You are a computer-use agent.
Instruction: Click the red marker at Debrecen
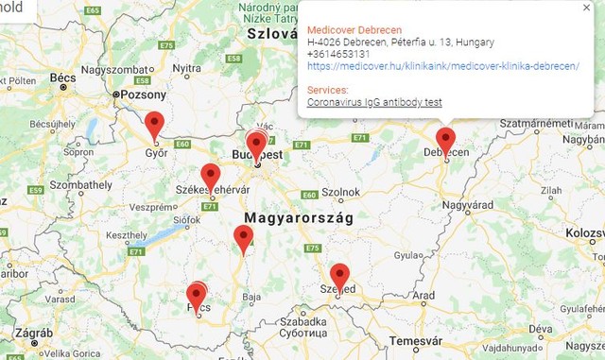click(x=445, y=141)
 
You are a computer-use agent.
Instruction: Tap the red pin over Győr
click(x=154, y=125)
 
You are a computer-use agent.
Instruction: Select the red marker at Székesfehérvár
click(x=210, y=176)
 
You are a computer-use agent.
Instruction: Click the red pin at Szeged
click(x=340, y=276)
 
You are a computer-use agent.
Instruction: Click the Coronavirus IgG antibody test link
click(x=375, y=102)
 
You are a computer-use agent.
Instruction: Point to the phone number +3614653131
click(x=338, y=54)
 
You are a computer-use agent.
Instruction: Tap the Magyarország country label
click(x=298, y=217)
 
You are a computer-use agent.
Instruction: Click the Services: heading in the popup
click(x=328, y=90)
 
